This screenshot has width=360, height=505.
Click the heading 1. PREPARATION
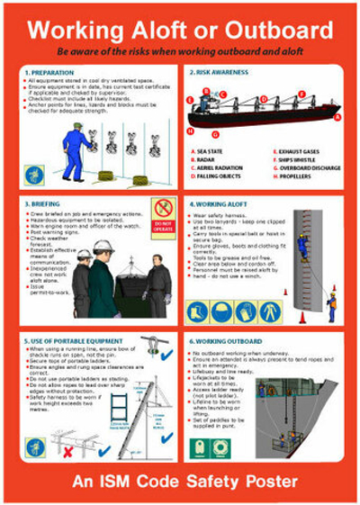(49, 71)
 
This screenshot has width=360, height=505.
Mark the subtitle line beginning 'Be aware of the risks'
(180, 52)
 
